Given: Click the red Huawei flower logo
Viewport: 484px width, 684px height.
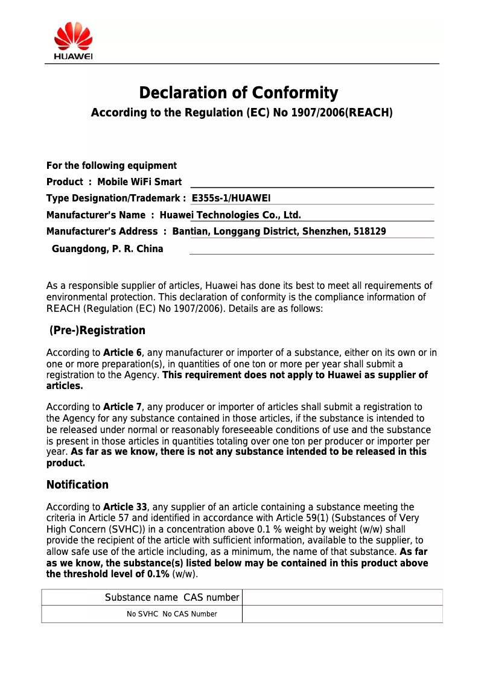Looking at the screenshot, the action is pos(73,36).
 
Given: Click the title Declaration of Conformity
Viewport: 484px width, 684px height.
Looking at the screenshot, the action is pos(238,93).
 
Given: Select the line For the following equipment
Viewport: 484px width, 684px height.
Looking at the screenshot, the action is pos(112,166).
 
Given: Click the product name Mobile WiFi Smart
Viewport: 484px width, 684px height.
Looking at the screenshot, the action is pos(139,182).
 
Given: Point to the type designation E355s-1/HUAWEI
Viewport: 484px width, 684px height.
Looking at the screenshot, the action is pos(231,198).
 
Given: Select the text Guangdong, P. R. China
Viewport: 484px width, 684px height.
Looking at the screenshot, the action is pos(107,249).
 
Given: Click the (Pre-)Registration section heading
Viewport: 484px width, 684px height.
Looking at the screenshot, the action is pos(97,331).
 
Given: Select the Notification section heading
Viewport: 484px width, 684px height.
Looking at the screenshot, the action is pos(77,485).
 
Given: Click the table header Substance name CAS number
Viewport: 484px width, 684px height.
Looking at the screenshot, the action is pos(172,598).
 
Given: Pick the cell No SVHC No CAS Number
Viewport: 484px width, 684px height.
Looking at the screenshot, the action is pos(172,614).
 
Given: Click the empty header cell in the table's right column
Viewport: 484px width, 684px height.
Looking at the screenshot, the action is pos(342,598).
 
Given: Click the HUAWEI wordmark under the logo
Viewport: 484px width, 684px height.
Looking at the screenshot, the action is pos(73,57).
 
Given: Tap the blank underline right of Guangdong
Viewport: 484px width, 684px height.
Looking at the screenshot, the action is pos(311,250).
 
